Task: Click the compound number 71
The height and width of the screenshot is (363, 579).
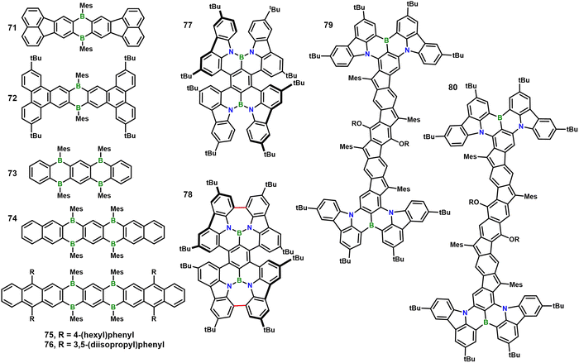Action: click(12, 27)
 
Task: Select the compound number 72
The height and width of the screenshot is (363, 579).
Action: click(12, 98)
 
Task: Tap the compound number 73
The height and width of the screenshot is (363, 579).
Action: click(12, 173)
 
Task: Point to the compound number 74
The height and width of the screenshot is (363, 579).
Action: click(12, 218)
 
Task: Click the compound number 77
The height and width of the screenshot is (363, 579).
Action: click(188, 25)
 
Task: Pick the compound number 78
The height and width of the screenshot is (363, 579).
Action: click(188, 194)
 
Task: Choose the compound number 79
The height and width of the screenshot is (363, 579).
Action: click(328, 25)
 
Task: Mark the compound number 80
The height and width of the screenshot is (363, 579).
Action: click(453, 88)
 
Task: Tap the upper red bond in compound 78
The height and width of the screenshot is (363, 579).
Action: click(242, 208)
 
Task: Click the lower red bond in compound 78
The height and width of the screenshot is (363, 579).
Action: click(242, 305)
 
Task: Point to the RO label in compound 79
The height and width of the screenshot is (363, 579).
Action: click(356, 124)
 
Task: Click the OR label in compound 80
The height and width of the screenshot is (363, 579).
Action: click(514, 240)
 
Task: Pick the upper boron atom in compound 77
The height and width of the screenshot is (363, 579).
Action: click(242, 58)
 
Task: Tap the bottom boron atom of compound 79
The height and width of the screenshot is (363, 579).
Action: click(372, 225)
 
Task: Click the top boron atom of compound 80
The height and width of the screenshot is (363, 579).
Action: click(500, 117)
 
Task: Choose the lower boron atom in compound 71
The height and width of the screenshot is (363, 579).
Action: click(83, 38)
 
